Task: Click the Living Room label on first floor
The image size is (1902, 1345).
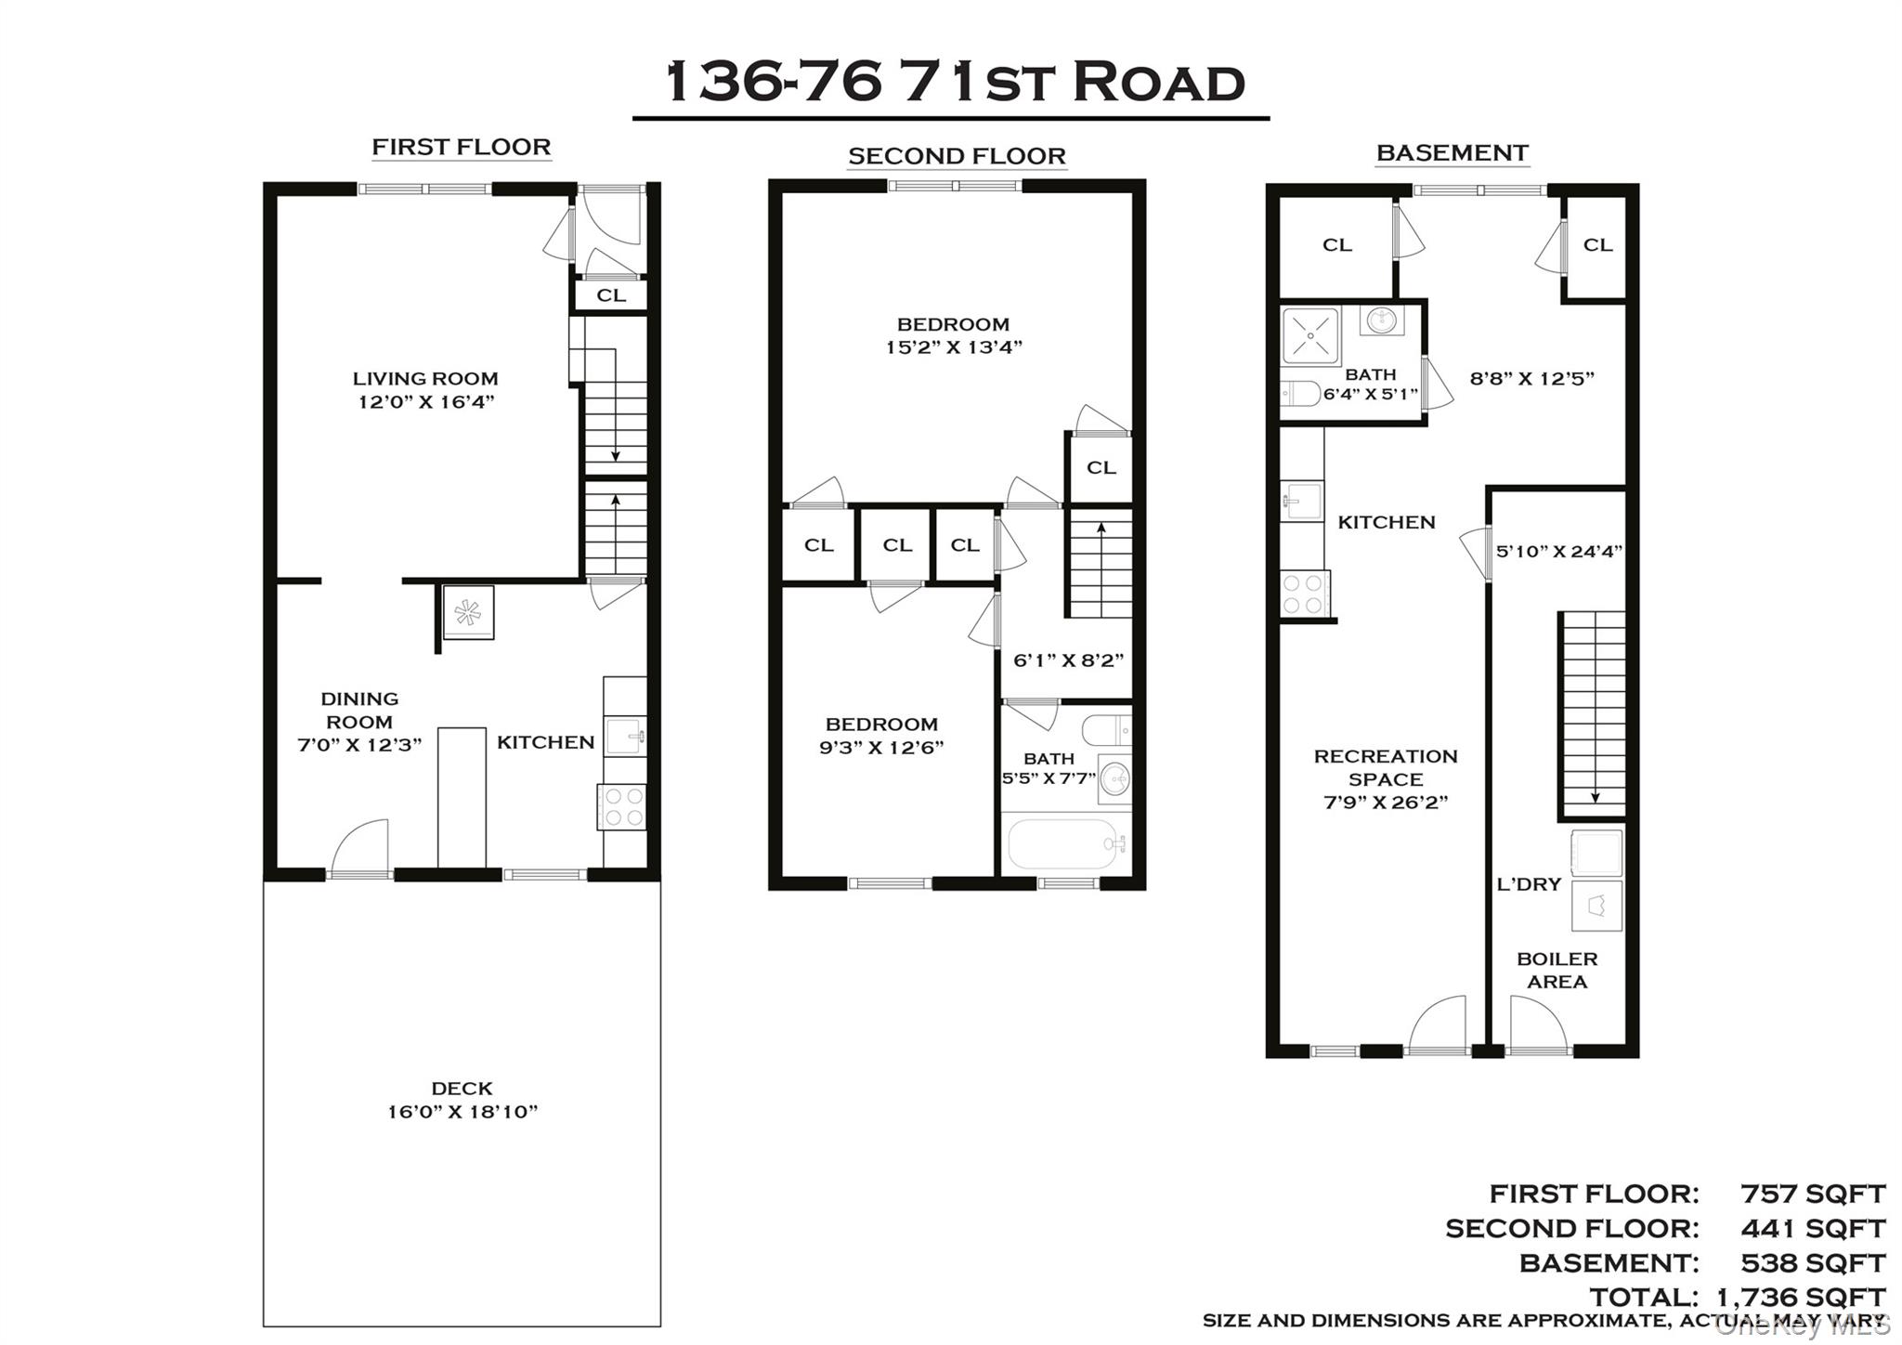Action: [425, 378]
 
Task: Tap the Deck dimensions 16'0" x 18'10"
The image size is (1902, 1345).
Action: [462, 1111]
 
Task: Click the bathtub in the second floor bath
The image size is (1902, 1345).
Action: [1064, 843]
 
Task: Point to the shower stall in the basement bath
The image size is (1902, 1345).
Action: [1310, 335]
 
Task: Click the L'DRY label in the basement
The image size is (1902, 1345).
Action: [1529, 884]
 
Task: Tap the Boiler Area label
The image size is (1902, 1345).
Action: [1557, 970]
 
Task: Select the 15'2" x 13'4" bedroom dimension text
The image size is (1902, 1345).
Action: [953, 347]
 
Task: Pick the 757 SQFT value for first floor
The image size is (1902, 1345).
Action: [1812, 1194]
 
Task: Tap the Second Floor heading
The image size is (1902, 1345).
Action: [957, 156]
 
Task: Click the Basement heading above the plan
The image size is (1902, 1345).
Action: [1452, 152]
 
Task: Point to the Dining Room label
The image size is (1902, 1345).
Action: [359, 710]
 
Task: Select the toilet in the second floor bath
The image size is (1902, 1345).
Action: [1107, 730]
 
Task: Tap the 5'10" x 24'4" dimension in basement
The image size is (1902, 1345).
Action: [1558, 551]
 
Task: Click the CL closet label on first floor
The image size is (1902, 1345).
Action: [610, 295]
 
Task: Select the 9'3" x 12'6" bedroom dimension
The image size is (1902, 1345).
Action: [881, 747]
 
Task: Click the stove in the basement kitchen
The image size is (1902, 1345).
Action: [1303, 594]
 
